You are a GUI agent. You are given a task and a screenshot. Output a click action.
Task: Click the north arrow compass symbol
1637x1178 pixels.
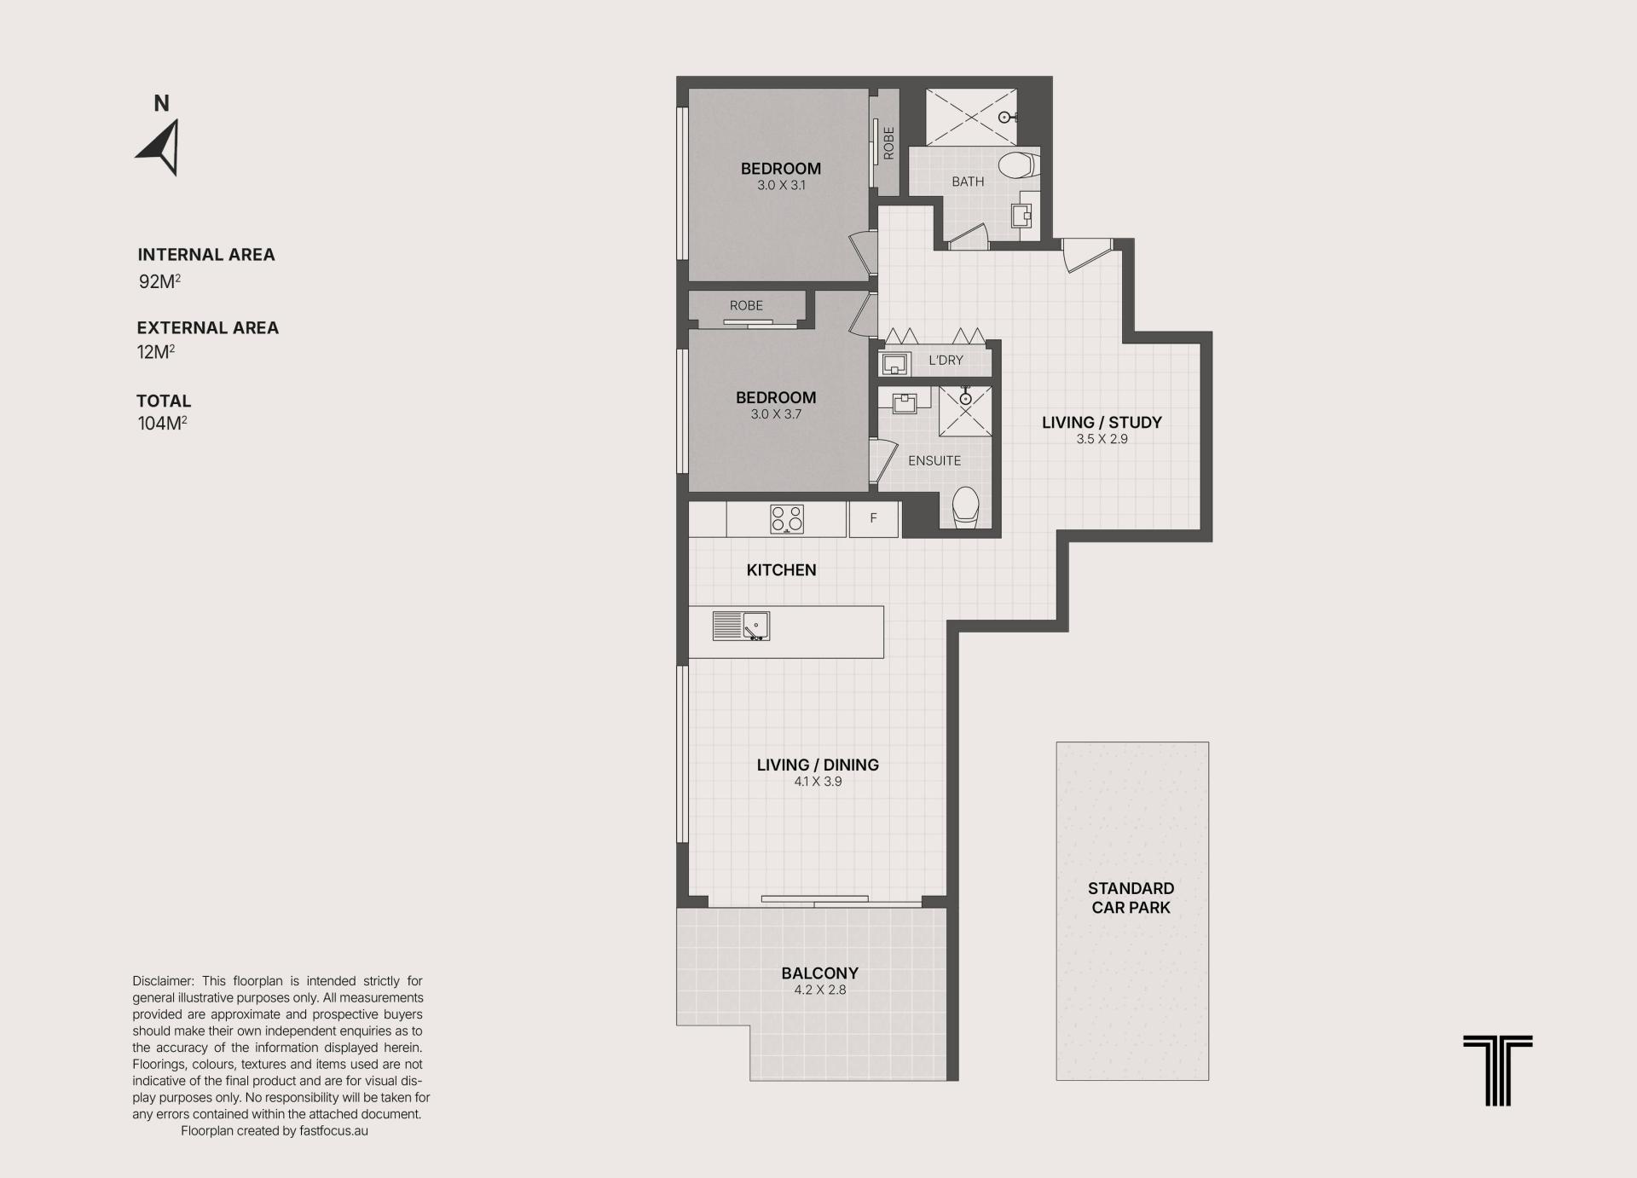click(160, 148)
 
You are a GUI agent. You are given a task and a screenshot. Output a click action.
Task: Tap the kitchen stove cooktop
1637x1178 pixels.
click(786, 519)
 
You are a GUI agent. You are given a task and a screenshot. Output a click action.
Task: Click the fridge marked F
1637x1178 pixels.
click(873, 518)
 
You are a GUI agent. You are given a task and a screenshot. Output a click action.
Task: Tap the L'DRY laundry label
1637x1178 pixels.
click(946, 361)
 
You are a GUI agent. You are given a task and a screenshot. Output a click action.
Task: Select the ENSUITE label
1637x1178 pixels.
click(934, 460)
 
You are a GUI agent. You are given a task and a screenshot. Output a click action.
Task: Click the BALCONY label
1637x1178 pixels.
click(819, 973)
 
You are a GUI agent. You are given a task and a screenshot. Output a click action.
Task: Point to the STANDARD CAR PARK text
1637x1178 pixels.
click(1131, 898)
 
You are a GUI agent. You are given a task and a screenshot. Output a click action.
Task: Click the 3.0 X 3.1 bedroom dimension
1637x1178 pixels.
click(781, 185)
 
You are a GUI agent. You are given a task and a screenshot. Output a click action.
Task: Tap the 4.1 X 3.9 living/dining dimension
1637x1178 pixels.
click(818, 781)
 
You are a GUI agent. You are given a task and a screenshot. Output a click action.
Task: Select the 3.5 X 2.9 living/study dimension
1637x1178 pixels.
click(1102, 439)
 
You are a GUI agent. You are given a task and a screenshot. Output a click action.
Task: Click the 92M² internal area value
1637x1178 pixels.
click(159, 281)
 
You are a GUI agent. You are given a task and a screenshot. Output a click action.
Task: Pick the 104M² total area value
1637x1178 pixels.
click(162, 423)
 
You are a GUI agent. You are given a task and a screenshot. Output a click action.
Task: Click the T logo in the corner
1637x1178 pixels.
click(1497, 1071)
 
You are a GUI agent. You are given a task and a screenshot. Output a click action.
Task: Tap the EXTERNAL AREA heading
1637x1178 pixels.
click(208, 328)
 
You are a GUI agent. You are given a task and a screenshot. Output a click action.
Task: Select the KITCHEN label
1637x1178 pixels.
click(781, 570)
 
